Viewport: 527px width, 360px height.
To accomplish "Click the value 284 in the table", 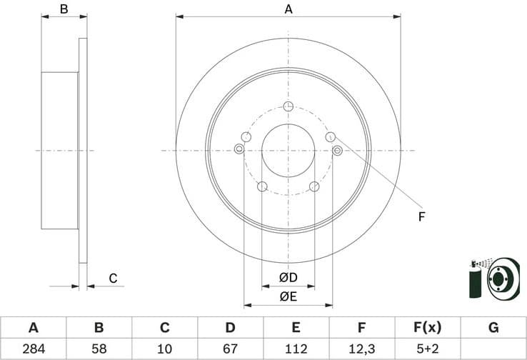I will pos(33,349).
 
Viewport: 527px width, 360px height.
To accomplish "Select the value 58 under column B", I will pos(99,349).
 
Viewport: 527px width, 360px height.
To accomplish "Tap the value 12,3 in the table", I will pos(361,349).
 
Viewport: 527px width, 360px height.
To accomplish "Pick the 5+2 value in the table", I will pos(427,349).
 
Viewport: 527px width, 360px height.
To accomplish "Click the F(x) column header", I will pos(427,328).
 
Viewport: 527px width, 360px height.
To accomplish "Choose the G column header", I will pos(493,328).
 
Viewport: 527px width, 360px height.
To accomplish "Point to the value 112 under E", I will pos(296,349).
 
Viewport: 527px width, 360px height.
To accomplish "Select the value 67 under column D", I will pos(230,349).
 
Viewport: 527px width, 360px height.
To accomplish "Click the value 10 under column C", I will pos(164,349).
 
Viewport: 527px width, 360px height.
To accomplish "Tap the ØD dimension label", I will pos(288,277).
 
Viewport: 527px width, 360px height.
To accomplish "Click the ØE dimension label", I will pos(288,296).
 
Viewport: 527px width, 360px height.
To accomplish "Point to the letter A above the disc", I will pos(288,9).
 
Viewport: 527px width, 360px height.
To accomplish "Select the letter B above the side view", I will pos(64,9).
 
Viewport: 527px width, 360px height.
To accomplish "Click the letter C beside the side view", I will pos(112,279).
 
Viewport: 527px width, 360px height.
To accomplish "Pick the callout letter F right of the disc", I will pos(421,216).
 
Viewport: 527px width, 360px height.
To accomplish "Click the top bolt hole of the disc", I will pos(288,107).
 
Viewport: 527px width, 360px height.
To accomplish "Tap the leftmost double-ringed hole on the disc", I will pos(239,149).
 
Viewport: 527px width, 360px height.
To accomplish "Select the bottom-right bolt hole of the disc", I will pos(314,187).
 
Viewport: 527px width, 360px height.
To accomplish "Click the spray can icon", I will pos(474,280).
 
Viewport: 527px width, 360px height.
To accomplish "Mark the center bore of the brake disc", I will pos(288,150).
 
